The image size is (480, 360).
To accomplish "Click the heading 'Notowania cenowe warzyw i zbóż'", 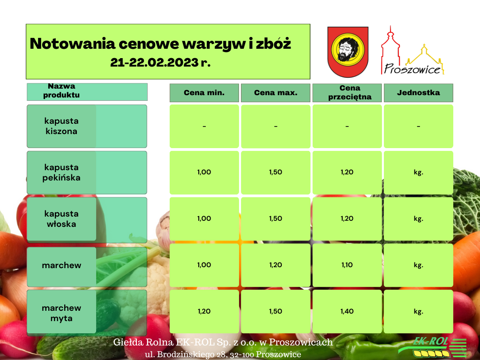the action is click(x=160, y=44).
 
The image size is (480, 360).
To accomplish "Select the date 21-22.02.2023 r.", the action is click(x=160, y=62).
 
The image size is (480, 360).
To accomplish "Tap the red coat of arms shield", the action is click(x=348, y=52).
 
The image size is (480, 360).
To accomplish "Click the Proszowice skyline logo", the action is click(x=412, y=51).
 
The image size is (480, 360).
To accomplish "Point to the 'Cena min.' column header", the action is click(x=204, y=93).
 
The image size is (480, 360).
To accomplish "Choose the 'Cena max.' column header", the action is click(x=276, y=93).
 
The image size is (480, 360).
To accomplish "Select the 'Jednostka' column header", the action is click(x=419, y=93).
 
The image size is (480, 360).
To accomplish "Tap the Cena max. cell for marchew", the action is click(x=276, y=265).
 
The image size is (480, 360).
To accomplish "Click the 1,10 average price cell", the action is click(x=347, y=265).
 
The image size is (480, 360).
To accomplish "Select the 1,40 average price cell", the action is click(x=347, y=311).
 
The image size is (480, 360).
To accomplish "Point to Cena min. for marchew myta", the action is click(x=204, y=311).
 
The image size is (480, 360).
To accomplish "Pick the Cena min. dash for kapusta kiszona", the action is click(x=204, y=126).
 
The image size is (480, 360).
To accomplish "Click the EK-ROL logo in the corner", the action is click(x=433, y=347).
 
